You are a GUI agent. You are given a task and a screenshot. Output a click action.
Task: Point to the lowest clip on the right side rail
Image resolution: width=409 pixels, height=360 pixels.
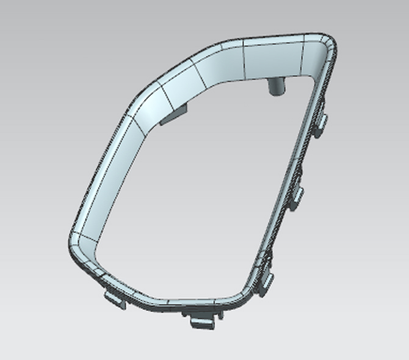pos(266,278)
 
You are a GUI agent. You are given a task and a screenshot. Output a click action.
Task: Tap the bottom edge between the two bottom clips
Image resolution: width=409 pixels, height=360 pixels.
pos(153,302)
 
